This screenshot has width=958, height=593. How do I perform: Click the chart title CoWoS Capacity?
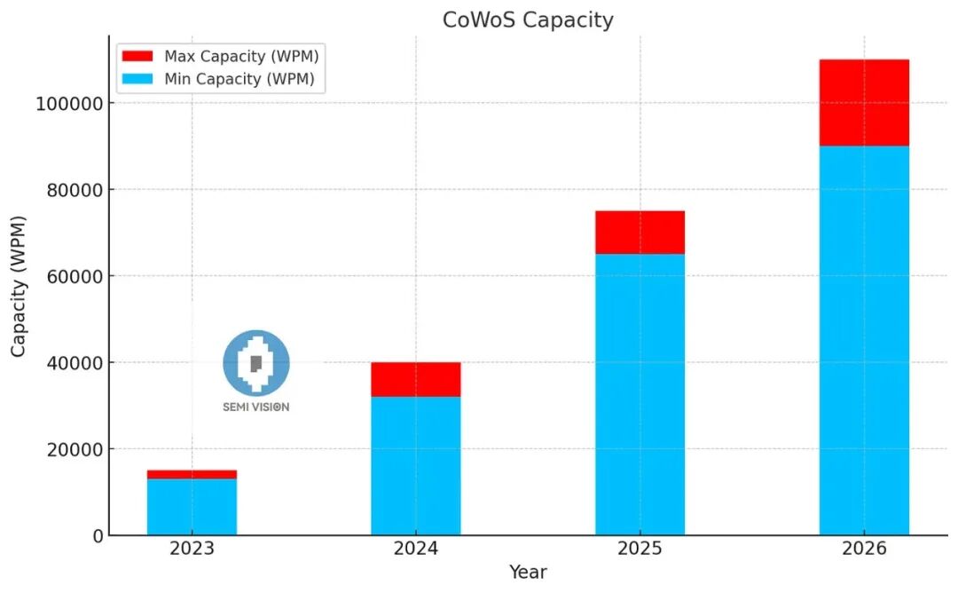(x=528, y=20)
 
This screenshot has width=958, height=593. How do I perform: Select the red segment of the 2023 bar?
(x=192, y=474)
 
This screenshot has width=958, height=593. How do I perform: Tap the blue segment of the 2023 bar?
(x=192, y=507)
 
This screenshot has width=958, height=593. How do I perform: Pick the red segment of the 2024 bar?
(x=415, y=379)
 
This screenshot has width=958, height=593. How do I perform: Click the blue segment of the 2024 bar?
(x=415, y=465)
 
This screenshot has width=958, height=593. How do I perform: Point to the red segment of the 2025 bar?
(x=640, y=233)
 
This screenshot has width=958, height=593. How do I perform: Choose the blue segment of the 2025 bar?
(x=640, y=394)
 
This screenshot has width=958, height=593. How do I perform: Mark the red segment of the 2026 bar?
(x=864, y=103)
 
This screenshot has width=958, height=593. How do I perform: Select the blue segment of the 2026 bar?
(x=864, y=340)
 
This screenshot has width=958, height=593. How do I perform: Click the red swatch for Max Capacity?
(x=137, y=56)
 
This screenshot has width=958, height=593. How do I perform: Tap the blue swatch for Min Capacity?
(x=137, y=79)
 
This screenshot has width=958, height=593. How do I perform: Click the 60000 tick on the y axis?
(x=72, y=276)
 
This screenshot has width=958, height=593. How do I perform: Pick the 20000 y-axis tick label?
(x=72, y=449)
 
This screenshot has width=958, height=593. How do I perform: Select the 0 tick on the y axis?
(x=97, y=535)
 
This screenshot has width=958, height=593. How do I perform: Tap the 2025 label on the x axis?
(x=640, y=549)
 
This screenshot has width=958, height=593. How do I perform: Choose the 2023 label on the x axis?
(x=192, y=549)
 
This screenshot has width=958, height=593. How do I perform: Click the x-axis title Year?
(x=528, y=573)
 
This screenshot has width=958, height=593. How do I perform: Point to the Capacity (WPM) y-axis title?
(x=19, y=286)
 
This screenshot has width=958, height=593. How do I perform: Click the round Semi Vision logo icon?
(x=255, y=362)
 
